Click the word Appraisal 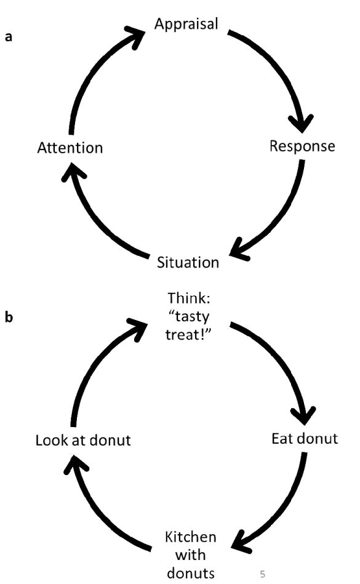coord(186,25)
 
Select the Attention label coord(70,148)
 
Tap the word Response coord(302,146)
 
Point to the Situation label coord(188,263)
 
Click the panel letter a coord(8,37)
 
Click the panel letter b coord(9,317)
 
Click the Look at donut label coord(83,441)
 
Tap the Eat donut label coord(305,439)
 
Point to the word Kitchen coord(190,537)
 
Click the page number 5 coord(262,574)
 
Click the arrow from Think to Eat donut coord(282,359)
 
